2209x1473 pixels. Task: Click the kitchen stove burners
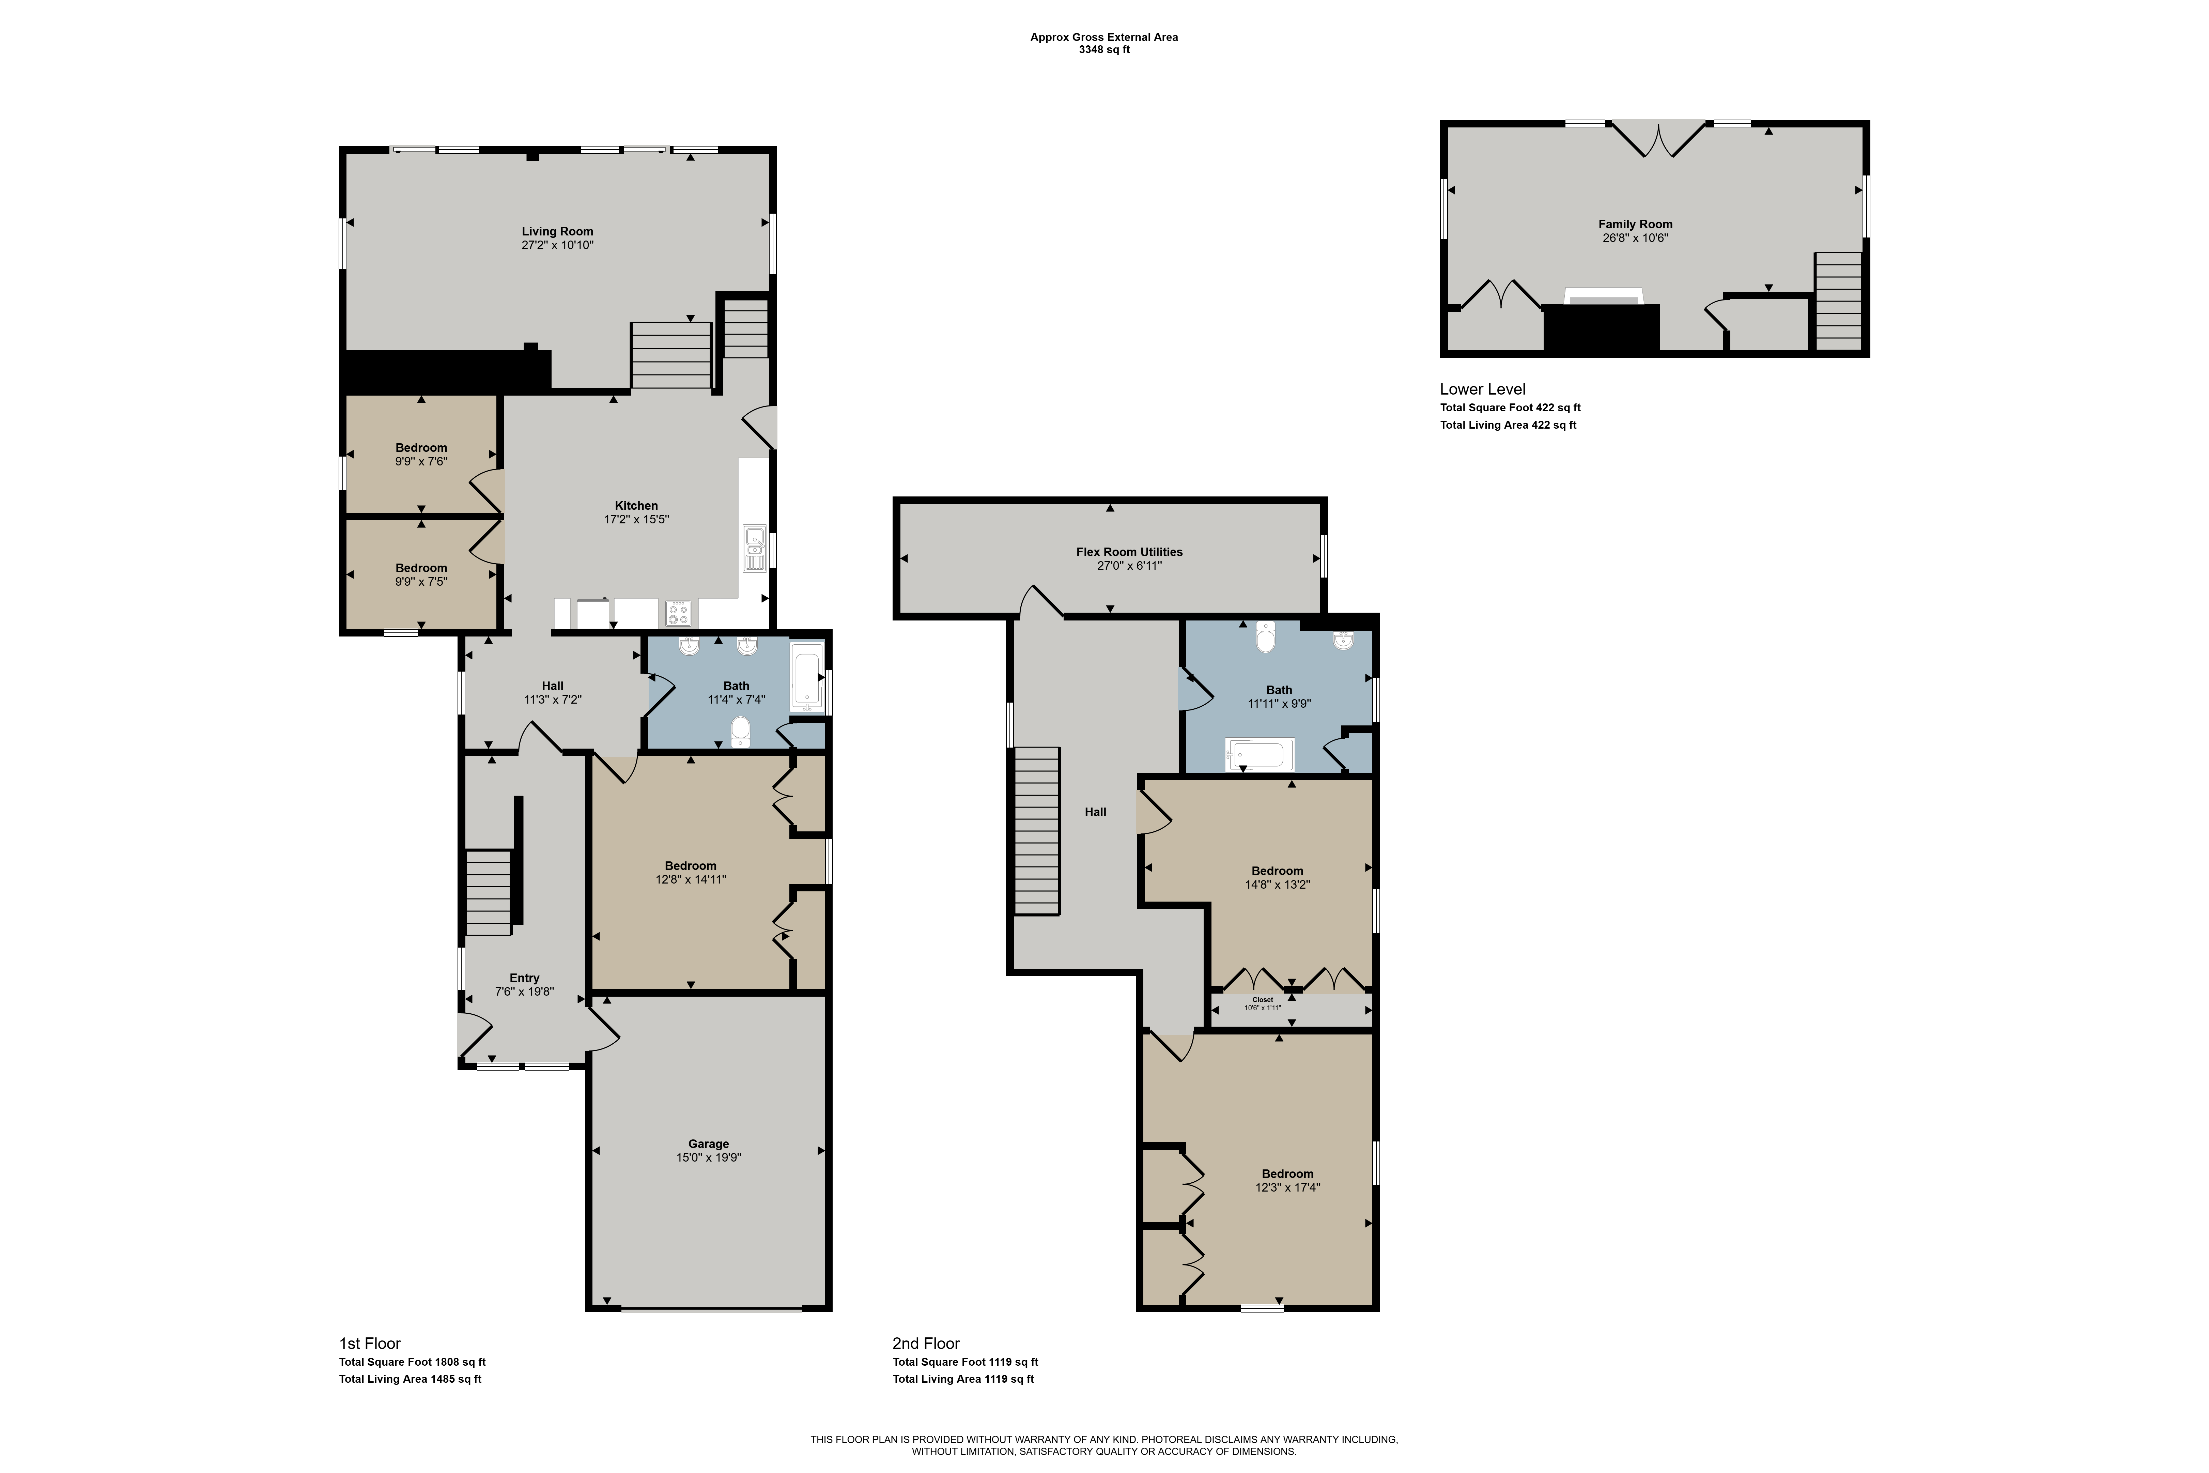pos(678,613)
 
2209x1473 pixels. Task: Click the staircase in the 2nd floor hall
pos(1037,830)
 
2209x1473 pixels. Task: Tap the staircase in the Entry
pos(489,892)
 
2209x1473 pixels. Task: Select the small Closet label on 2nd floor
pos(1262,999)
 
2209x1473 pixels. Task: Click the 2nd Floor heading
pos(926,1344)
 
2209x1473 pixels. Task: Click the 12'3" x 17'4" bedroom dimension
pos(1288,1187)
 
